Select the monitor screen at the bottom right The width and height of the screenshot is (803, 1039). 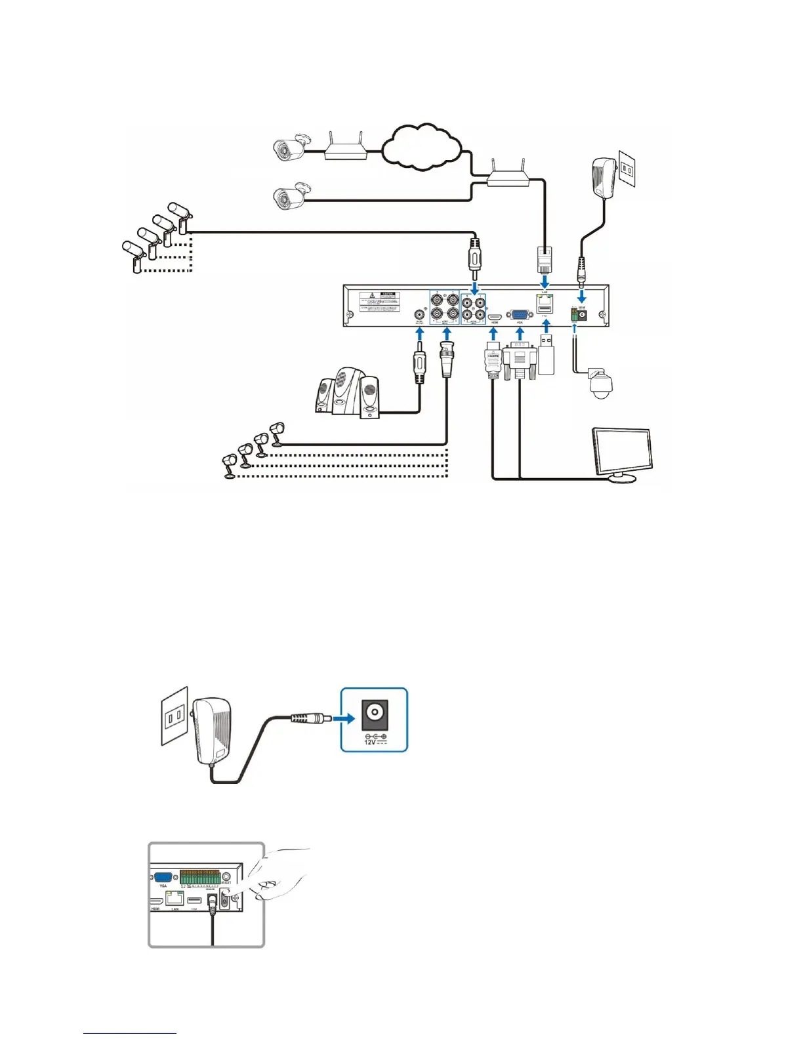[x=621, y=451]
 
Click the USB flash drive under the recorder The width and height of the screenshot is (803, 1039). [x=547, y=355]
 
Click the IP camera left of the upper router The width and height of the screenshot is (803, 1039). [x=290, y=148]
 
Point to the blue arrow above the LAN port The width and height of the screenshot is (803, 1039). [x=545, y=281]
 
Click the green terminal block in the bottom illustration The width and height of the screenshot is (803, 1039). [x=199, y=877]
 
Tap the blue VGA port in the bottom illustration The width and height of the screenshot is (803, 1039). [x=163, y=878]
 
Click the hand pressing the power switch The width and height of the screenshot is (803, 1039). [x=279, y=876]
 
